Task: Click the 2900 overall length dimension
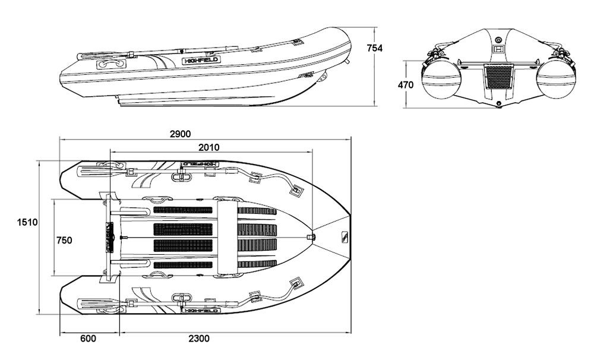[181, 134]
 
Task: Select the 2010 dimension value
[208, 147]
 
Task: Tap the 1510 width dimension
[27, 222]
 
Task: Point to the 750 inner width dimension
[64, 240]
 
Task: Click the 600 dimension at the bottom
[89, 338]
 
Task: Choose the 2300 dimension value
[199, 338]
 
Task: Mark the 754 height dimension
[375, 48]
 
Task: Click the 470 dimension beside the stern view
[406, 85]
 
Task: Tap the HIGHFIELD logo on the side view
[201, 60]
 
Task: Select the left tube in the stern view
[441, 81]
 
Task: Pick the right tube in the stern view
[556, 81]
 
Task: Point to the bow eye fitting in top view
[311, 237]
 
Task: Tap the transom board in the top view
[110, 237]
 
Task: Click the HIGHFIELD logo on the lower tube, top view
[201, 310]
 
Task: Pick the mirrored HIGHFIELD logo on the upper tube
[201, 164]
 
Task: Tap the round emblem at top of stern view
[498, 39]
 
